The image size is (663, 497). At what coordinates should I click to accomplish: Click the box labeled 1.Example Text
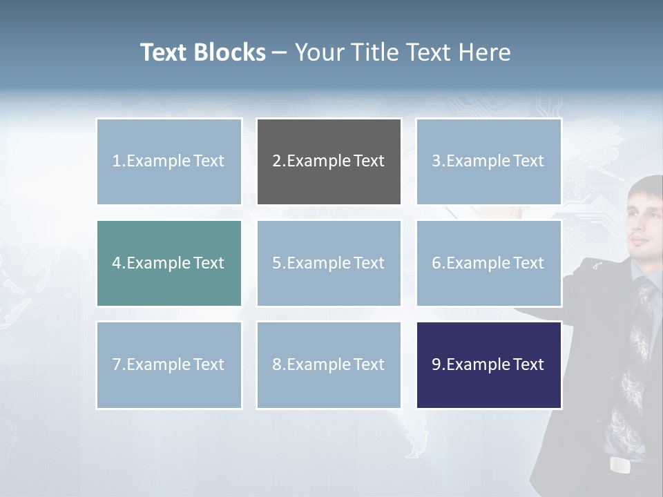(169, 162)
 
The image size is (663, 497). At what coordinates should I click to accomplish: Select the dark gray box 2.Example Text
(329, 162)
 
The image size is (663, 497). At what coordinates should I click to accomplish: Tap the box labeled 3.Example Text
(488, 162)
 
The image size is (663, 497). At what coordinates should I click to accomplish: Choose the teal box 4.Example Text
(169, 263)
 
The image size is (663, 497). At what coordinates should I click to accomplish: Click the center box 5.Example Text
(329, 263)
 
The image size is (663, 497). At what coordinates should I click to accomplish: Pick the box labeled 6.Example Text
(488, 263)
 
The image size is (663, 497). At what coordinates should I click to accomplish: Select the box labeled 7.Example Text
(169, 364)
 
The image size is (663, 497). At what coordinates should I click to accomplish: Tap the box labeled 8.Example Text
(329, 364)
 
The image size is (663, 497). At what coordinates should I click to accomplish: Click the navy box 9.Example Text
(488, 364)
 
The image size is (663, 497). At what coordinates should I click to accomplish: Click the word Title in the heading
(376, 52)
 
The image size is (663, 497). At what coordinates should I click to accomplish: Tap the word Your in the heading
(321, 52)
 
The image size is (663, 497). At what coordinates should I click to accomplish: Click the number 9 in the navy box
(436, 364)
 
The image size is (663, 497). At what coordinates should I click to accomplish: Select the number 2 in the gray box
(277, 162)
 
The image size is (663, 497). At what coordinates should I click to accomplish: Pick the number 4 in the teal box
(117, 263)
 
